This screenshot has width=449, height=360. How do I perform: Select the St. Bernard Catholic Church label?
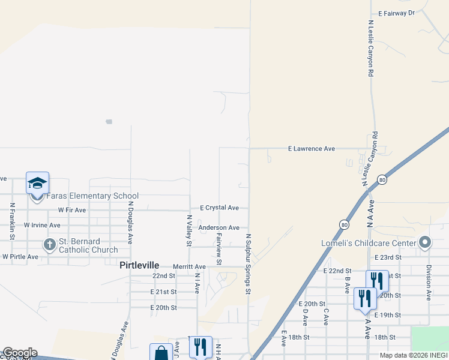pos(88,245)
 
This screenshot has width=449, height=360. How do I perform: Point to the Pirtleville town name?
pos(139,265)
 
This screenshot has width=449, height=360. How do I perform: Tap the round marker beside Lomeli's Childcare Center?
pos(426,242)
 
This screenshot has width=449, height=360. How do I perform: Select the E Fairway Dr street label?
pos(396,13)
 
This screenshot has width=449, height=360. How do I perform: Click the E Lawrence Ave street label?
pos(311,148)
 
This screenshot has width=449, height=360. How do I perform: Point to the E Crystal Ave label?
pos(219,208)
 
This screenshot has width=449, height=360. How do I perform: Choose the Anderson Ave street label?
pos(218,228)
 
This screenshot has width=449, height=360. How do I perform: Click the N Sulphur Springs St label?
pos(247,264)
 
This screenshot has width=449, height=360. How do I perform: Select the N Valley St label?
pos(188,231)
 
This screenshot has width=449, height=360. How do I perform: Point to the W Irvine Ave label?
pos(42,225)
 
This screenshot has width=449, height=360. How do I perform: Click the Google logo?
pos(20,353)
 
